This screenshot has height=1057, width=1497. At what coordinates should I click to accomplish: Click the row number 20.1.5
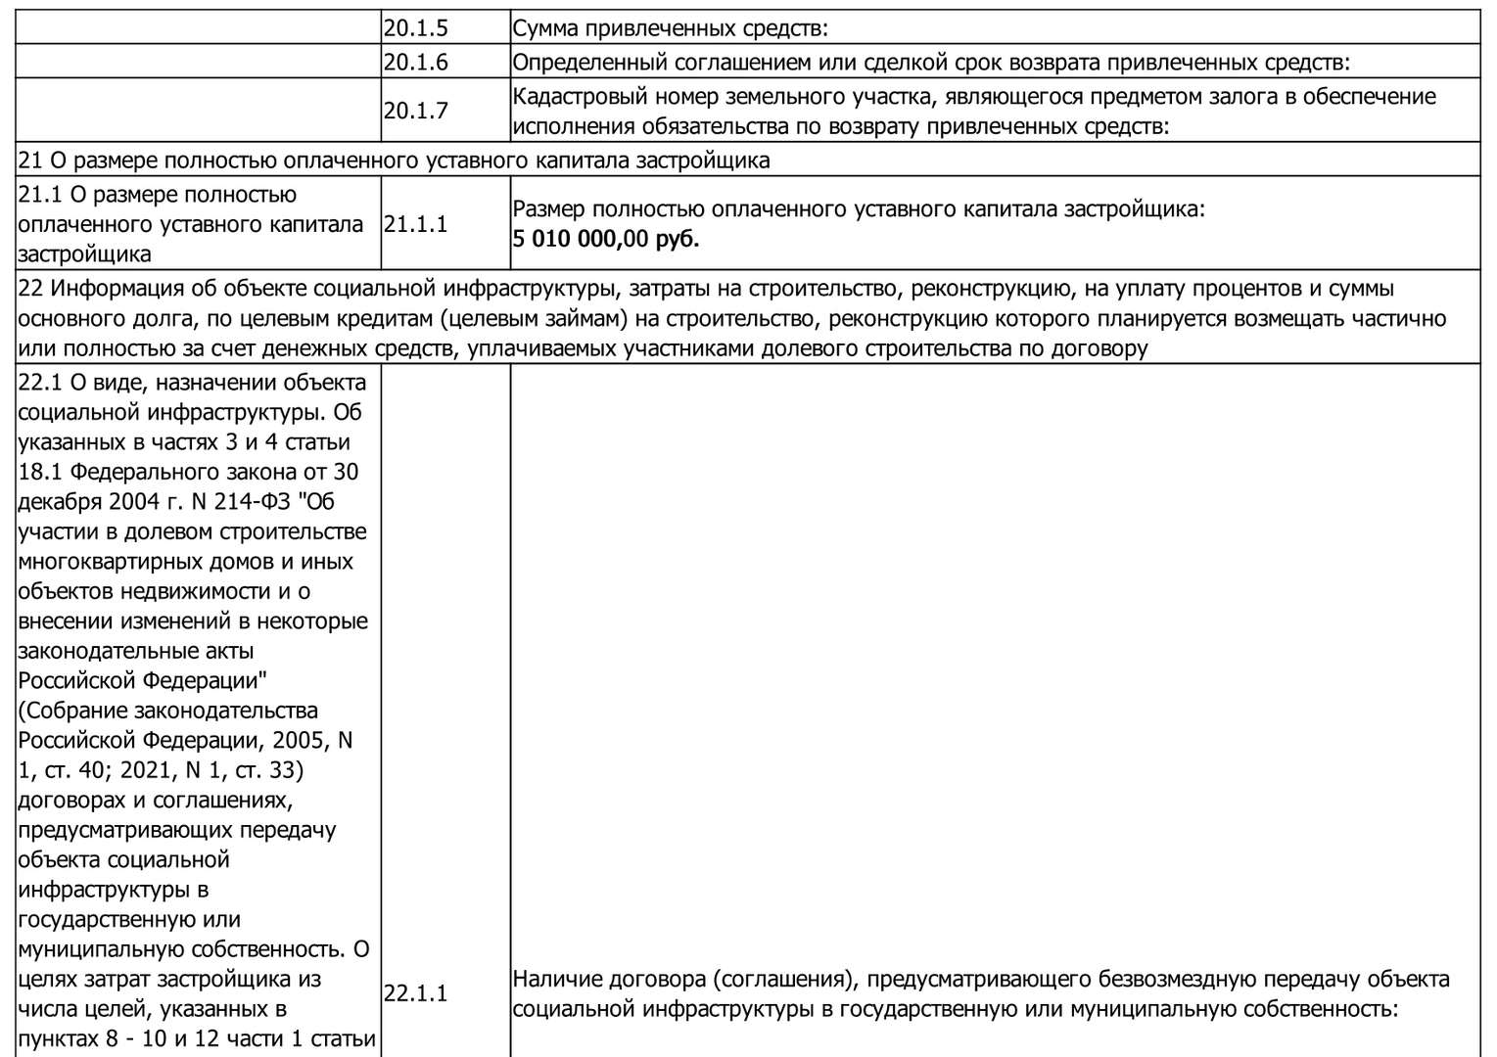415,28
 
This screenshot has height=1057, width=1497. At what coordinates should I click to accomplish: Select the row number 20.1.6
415,63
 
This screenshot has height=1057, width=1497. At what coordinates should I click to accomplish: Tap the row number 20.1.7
415,111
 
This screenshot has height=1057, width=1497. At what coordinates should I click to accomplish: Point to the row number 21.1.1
415,224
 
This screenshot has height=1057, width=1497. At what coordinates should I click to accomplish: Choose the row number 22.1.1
415,993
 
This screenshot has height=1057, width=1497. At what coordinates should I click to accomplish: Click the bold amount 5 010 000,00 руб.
606,239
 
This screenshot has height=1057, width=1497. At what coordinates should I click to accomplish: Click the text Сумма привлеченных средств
670,28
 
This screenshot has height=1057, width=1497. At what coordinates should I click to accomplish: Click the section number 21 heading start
29,160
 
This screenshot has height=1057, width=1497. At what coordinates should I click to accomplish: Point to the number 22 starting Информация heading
29,289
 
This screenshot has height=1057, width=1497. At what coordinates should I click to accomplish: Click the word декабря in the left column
58,502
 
